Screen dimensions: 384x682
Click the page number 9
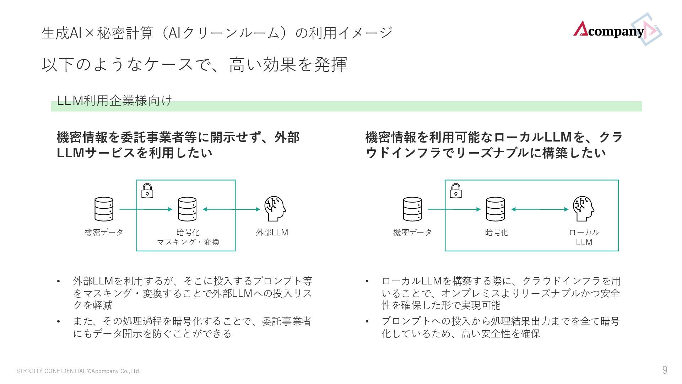point(665,370)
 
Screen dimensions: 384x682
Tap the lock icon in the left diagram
point(147,191)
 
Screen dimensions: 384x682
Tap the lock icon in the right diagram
point(455,191)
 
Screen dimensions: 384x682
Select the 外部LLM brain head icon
point(275,209)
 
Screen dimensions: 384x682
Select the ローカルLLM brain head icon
point(583,209)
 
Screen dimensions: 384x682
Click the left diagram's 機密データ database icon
point(104,209)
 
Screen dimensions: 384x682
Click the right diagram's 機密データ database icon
point(412,209)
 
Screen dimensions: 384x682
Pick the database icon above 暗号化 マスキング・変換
point(187,209)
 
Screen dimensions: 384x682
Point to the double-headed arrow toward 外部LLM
point(231,209)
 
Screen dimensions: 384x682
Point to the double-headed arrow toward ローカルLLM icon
point(540,209)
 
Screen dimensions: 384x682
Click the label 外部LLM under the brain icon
point(272,233)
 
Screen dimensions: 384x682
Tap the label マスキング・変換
point(188,242)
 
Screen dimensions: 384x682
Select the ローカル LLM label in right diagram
point(584,237)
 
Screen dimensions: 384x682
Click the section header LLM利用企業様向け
point(114,101)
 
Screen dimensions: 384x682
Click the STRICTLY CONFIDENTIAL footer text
point(79,371)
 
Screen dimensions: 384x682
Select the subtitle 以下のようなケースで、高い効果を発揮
point(194,64)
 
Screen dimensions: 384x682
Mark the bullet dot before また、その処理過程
point(59,321)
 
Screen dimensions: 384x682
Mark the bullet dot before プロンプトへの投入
point(367,321)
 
